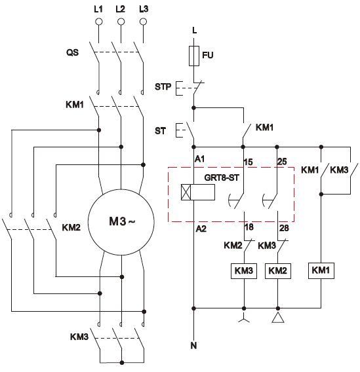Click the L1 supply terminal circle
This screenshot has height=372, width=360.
click(x=98, y=22)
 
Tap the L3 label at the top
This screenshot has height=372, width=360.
click(x=144, y=9)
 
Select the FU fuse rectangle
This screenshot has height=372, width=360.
click(x=194, y=56)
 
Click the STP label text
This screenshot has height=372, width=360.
click(x=163, y=86)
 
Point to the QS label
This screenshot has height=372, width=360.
click(x=72, y=52)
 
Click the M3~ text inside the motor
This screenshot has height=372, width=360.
click(x=122, y=221)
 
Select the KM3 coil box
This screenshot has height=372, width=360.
click(x=244, y=270)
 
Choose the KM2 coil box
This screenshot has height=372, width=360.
click(x=278, y=270)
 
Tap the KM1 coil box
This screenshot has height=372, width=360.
click(x=321, y=270)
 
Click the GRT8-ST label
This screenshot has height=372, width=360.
click(x=222, y=177)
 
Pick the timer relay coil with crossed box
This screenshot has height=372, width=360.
click(x=198, y=192)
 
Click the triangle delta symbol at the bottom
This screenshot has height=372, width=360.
click(x=278, y=318)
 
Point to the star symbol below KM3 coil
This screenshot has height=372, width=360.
click(x=244, y=318)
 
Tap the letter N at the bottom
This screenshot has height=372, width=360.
click(x=194, y=345)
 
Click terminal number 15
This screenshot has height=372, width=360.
click(x=248, y=162)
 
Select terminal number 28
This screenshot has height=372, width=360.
click(x=284, y=228)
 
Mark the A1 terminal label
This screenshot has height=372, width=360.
click(x=200, y=158)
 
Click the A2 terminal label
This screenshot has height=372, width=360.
click(x=201, y=229)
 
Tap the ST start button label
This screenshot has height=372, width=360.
click(x=160, y=131)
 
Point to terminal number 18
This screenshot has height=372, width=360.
click(x=249, y=227)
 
